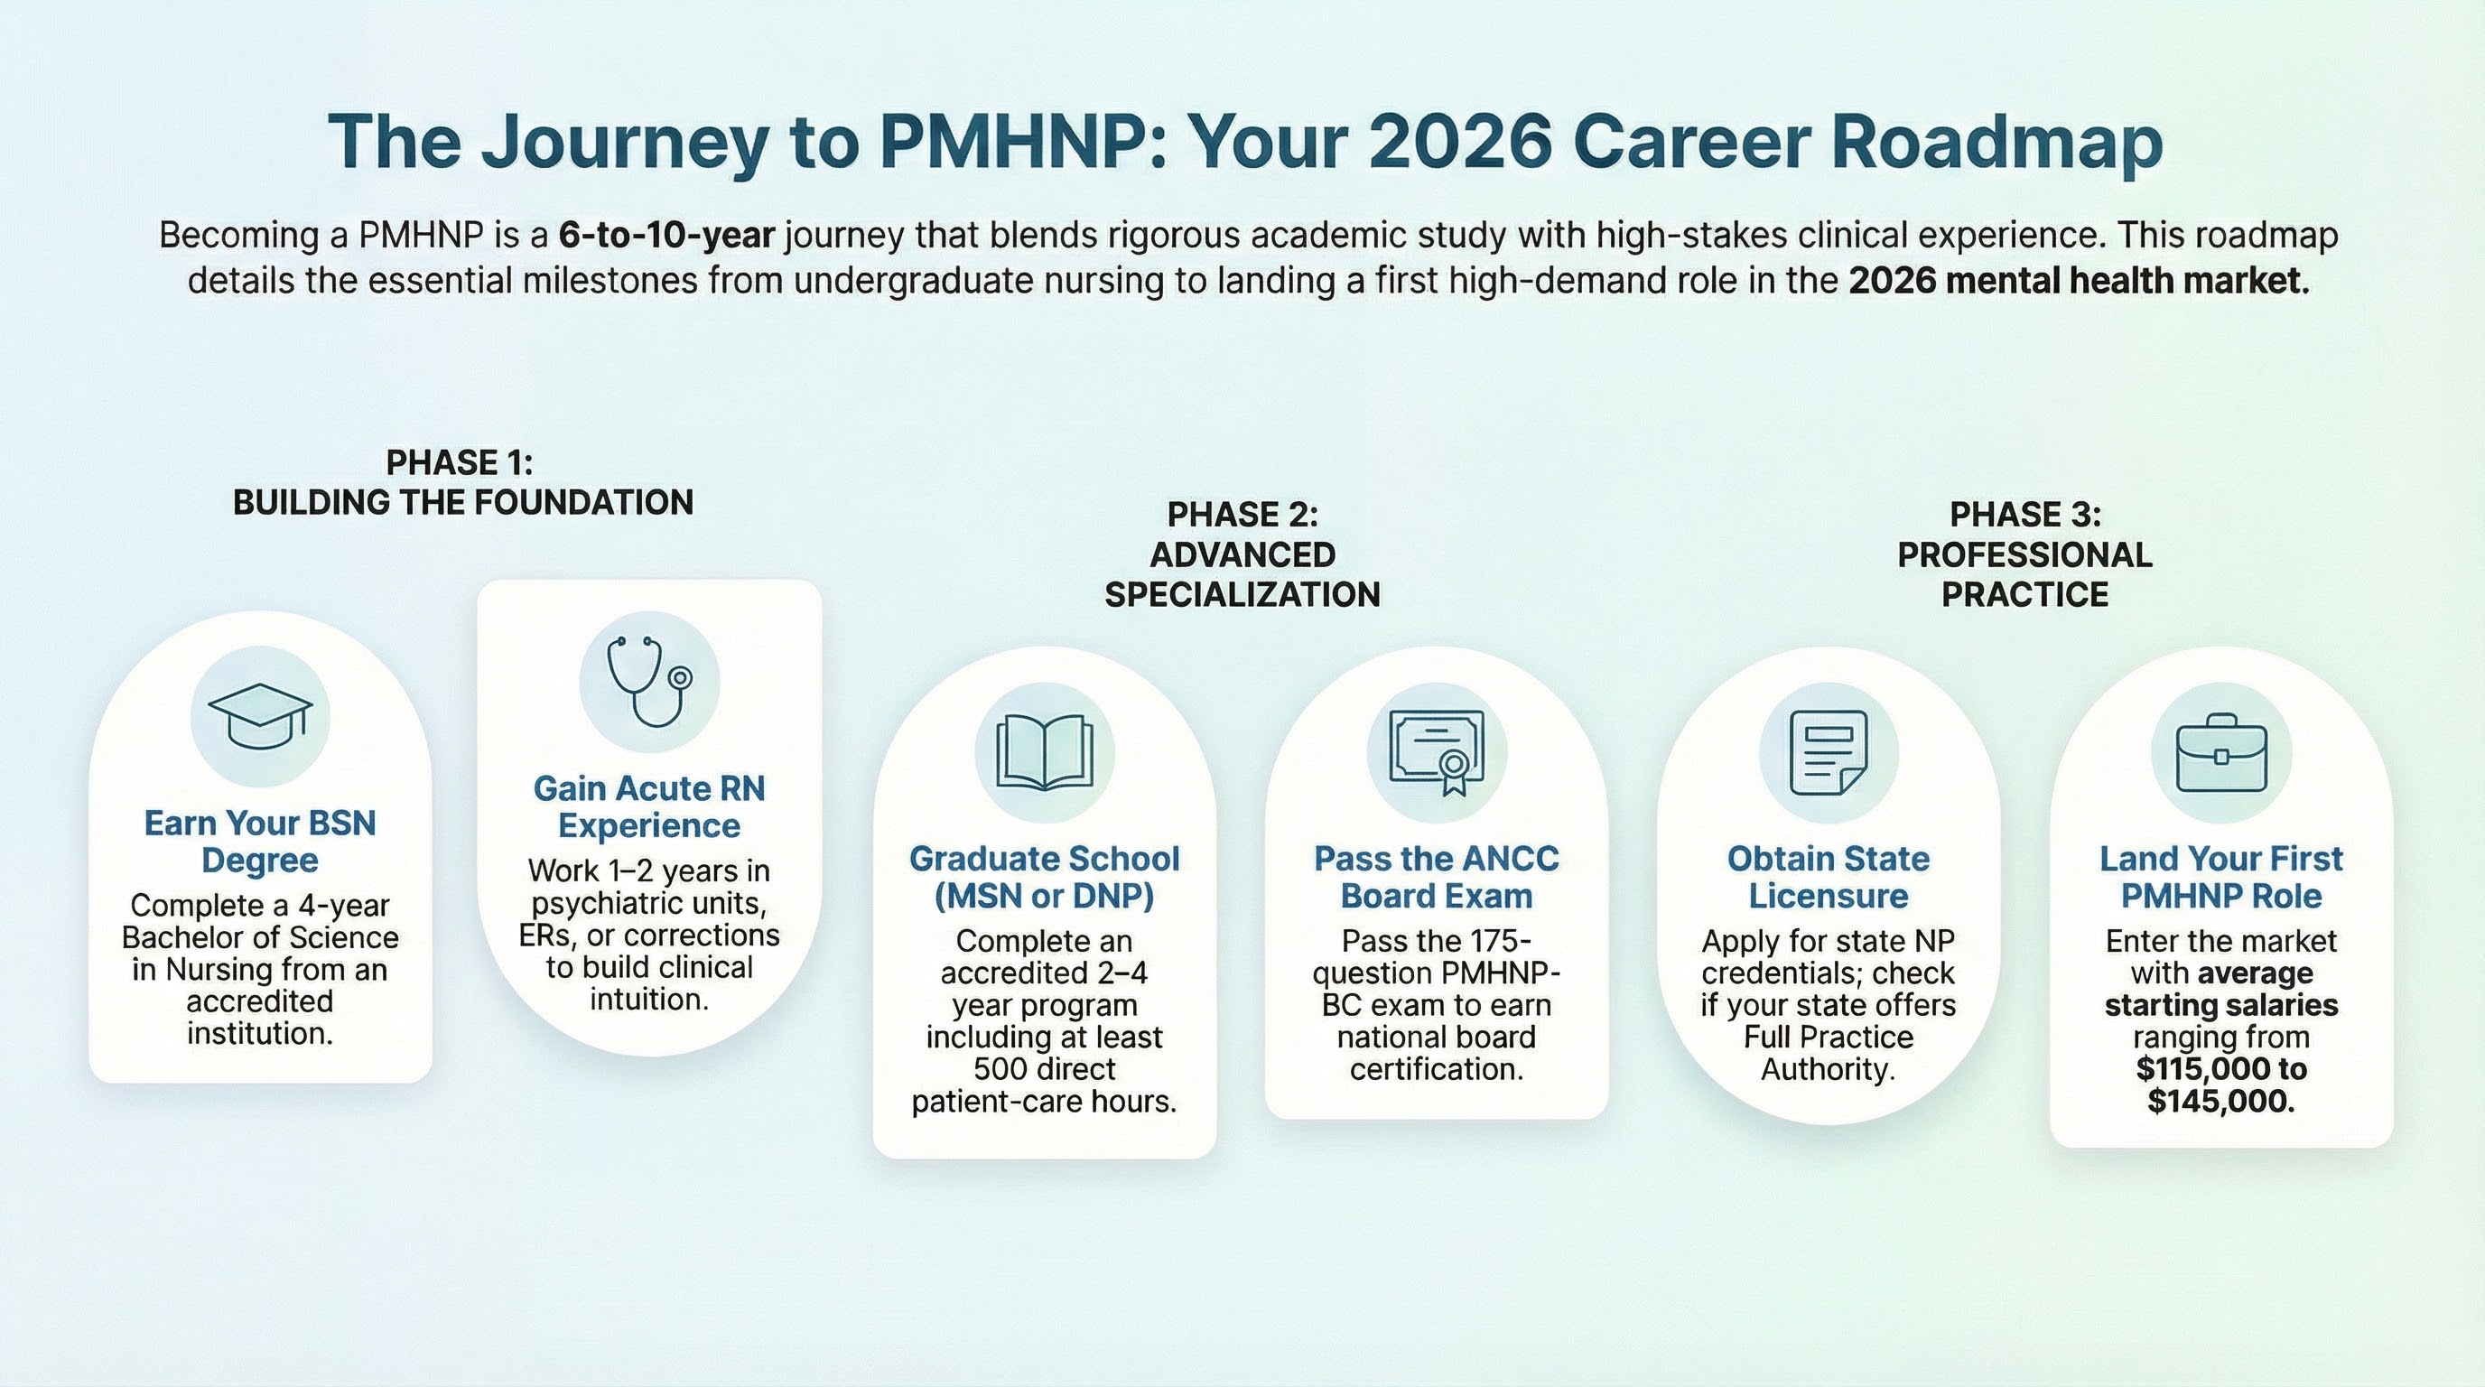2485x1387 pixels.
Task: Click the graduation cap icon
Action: click(x=259, y=717)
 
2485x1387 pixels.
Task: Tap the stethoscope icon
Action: click(x=649, y=681)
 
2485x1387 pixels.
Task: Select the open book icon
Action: click(x=1045, y=752)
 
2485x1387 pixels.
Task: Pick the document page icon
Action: click(x=1828, y=752)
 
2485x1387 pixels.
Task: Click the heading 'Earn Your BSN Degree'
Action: click(x=260, y=841)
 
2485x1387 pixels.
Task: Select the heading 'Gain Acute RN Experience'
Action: click(x=649, y=806)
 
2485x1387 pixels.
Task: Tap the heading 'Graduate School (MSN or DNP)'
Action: click(x=1045, y=877)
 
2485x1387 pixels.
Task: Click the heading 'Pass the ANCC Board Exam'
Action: click(x=1437, y=877)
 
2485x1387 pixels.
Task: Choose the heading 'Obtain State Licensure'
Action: click(x=1828, y=877)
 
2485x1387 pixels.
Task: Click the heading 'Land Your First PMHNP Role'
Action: click(x=2221, y=877)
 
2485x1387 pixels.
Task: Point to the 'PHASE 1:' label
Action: click(x=460, y=463)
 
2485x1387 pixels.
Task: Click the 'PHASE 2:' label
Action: click(x=1242, y=515)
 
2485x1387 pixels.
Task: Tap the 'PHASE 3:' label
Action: click(x=2025, y=515)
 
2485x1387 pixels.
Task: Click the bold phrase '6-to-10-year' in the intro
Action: click(x=667, y=236)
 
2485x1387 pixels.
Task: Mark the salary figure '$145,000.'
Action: click(x=2221, y=1101)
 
